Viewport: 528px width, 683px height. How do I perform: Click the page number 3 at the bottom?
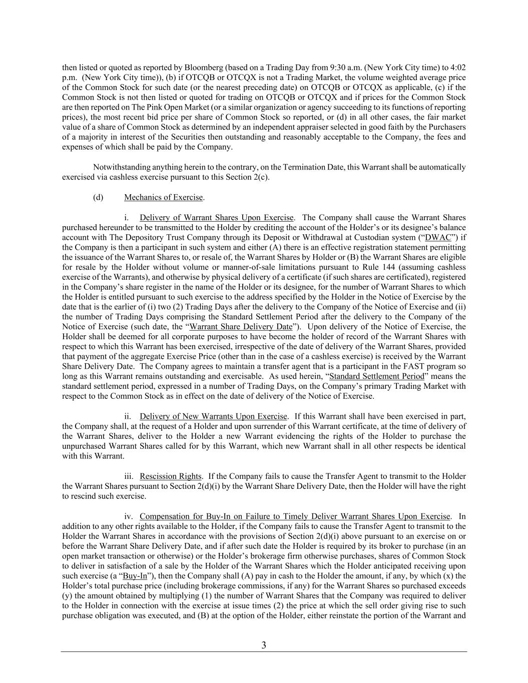(264, 645)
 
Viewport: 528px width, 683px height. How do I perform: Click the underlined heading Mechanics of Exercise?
(164, 197)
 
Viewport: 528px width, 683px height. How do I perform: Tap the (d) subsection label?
(98, 197)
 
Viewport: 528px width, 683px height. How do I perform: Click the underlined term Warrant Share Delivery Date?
(242, 327)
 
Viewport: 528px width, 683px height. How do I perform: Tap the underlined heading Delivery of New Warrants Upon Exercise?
(214, 416)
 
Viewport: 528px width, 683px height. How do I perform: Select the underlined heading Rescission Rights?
(171, 476)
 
